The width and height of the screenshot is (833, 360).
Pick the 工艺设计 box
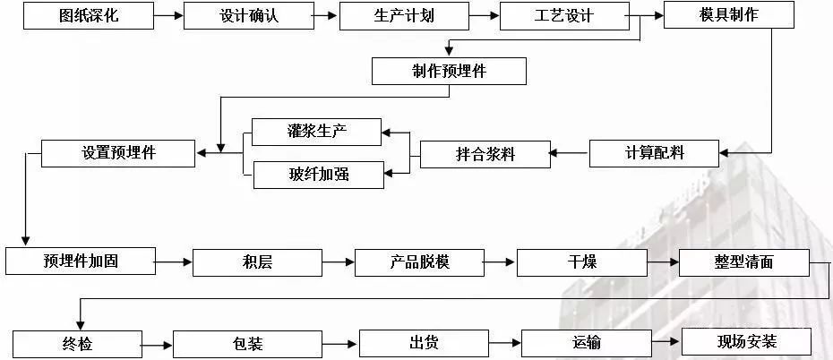563,16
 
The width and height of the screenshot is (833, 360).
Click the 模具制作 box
728,15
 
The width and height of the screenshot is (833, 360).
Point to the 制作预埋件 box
449,72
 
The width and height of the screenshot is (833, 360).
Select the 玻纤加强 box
318,175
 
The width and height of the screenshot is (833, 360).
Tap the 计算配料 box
653,153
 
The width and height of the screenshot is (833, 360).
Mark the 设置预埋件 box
118,153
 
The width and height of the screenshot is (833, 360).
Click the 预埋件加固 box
81,261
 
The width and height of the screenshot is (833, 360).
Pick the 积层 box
257,262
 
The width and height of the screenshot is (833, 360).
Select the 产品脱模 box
419,262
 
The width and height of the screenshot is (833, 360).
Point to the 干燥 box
582,262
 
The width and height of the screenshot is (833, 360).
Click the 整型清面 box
744,262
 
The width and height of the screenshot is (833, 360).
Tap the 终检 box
77,344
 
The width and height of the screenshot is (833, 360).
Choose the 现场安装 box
746,342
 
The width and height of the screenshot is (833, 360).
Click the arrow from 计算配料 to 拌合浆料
569,154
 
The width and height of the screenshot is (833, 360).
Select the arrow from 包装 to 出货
340,344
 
